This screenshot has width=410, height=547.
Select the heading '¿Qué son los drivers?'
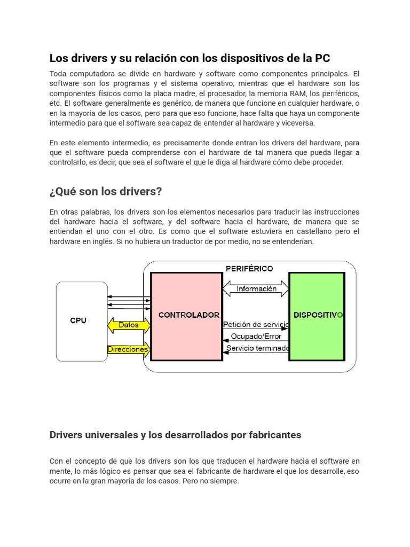pos(106,191)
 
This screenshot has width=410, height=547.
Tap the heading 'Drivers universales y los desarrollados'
pos(175,435)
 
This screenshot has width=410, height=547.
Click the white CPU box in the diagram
pos(82,321)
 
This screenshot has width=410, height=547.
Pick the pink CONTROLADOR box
pos(187,316)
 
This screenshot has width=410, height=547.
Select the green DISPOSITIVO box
pos(317,316)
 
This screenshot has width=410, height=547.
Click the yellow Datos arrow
pos(129,325)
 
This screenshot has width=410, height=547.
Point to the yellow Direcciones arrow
pos(129,349)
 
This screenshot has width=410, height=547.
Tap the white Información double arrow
pos(256,289)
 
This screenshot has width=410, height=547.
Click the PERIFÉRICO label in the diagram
pos(249,269)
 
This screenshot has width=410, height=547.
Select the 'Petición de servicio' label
pos(256,324)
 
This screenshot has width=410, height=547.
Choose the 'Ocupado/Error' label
pos(256,337)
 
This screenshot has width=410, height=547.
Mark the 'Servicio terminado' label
pos(257,348)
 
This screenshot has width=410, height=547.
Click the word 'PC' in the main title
pos(322,58)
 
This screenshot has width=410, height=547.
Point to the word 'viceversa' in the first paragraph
pos(297,123)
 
